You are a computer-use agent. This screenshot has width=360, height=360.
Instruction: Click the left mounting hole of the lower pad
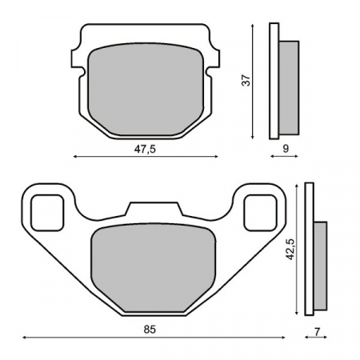pyautogui.click(x=49, y=210)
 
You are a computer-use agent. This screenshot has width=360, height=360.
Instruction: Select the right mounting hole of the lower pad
pyautogui.click(x=258, y=210)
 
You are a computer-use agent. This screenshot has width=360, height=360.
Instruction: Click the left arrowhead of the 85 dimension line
pyautogui.click(x=19, y=338)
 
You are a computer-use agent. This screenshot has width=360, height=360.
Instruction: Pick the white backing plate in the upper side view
pyautogui.click(x=274, y=80)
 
